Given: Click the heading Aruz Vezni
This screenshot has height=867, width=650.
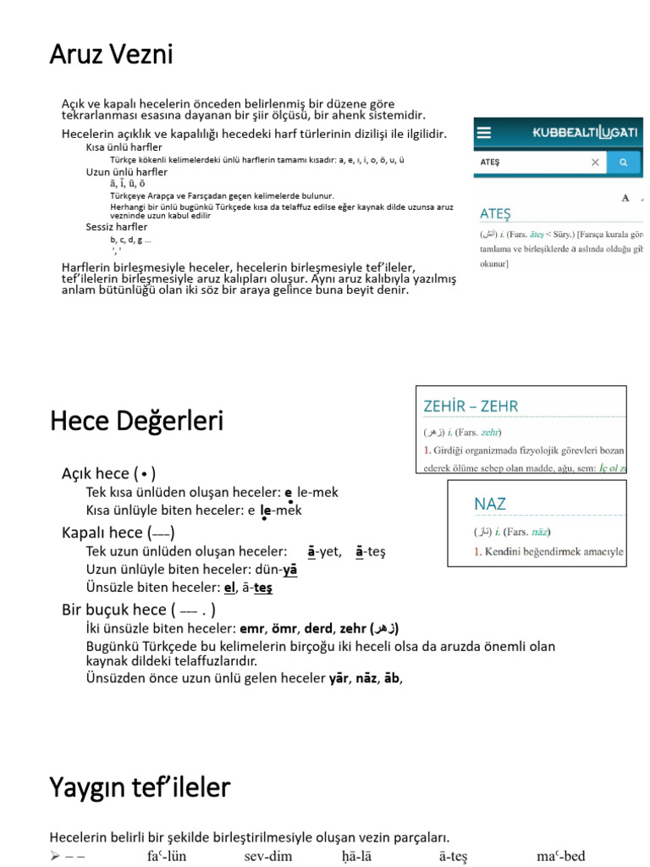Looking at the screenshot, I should [x=111, y=55].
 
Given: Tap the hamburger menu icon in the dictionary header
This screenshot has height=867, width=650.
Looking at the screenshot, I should [x=484, y=132].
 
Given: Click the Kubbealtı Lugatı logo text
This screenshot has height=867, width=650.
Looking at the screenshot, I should [x=584, y=132].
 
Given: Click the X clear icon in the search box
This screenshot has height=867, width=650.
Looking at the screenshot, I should [x=595, y=162].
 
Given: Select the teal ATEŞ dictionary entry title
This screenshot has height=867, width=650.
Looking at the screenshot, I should [x=495, y=213].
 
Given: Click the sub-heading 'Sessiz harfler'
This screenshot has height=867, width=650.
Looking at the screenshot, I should [x=116, y=227].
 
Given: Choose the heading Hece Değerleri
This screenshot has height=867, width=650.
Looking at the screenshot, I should [x=136, y=421].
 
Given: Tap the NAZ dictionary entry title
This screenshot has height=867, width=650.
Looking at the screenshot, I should [x=490, y=504].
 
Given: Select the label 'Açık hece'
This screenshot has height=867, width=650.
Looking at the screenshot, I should [x=96, y=473].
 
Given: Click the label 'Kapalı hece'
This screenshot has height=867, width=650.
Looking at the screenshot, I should [x=102, y=533].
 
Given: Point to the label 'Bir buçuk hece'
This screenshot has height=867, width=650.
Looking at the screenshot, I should [x=113, y=610].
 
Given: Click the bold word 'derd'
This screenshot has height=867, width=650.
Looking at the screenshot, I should [x=317, y=628].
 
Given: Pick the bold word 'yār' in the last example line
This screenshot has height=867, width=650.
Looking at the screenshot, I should [x=339, y=677].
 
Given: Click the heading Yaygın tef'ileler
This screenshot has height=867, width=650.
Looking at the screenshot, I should [x=140, y=788].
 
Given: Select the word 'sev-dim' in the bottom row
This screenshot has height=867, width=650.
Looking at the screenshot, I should [x=268, y=856].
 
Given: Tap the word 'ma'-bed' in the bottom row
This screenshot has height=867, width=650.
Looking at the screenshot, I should [x=560, y=856].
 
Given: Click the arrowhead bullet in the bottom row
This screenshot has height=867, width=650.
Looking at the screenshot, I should [x=55, y=856].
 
